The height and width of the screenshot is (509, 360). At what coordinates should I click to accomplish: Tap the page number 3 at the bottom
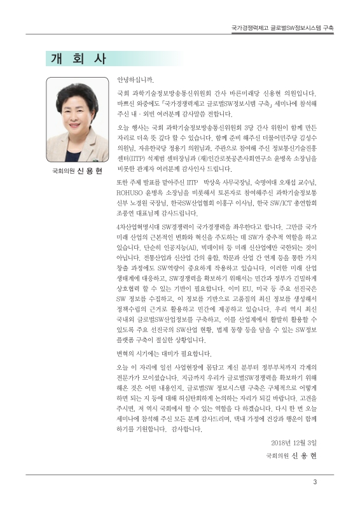click(x=314, y=481)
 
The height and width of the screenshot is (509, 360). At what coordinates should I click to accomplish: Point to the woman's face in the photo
click(x=78, y=113)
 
